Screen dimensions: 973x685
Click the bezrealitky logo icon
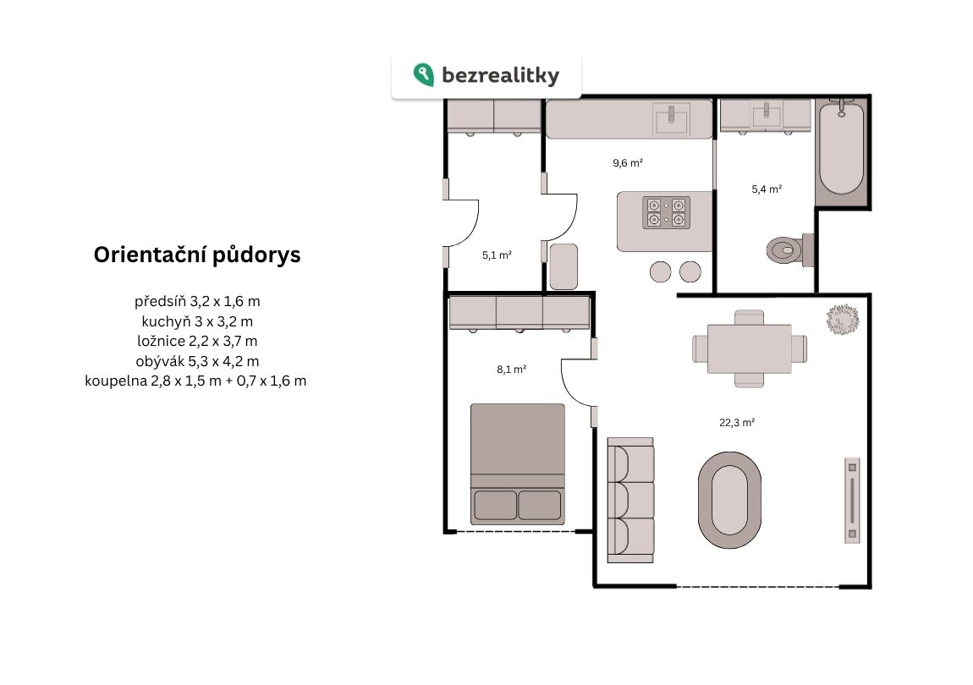click(x=424, y=75)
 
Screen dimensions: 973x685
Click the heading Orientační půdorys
click(x=197, y=255)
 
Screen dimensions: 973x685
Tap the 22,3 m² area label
click(x=737, y=423)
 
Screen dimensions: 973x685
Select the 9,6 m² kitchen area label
click(x=627, y=163)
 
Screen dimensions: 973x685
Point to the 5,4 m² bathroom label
click(x=767, y=189)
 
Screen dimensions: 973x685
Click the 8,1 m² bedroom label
click(x=511, y=370)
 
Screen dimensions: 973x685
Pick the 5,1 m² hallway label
click(x=497, y=255)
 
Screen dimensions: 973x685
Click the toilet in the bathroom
click(x=790, y=249)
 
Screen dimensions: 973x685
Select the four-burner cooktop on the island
click(x=667, y=212)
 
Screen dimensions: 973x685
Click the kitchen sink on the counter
click(x=671, y=119)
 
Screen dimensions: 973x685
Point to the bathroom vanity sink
click(x=767, y=116)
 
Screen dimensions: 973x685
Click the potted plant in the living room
click(x=843, y=319)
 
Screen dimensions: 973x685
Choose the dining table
click(x=750, y=348)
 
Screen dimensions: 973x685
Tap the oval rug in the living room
click(x=729, y=500)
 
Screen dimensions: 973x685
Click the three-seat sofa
click(x=630, y=500)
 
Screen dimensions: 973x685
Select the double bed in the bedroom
click(x=518, y=464)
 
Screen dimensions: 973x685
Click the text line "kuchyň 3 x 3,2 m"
click(x=197, y=321)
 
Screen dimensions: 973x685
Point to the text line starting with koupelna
click(x=195, y=381)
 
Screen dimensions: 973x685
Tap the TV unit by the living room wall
click(x=852, y=500)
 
